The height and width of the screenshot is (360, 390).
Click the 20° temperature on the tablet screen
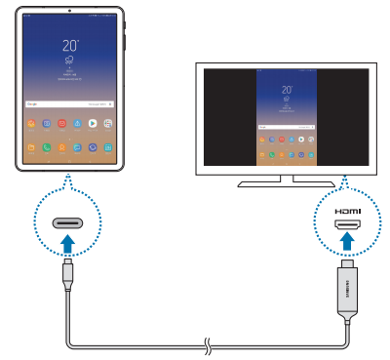pos(71,46)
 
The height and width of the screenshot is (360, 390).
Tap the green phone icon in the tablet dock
pos(33,148)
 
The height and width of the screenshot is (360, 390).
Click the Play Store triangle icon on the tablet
pos(93,125)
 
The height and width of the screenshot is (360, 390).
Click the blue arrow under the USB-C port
pos(66,238)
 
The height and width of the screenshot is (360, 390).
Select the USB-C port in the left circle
pos(66,221)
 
